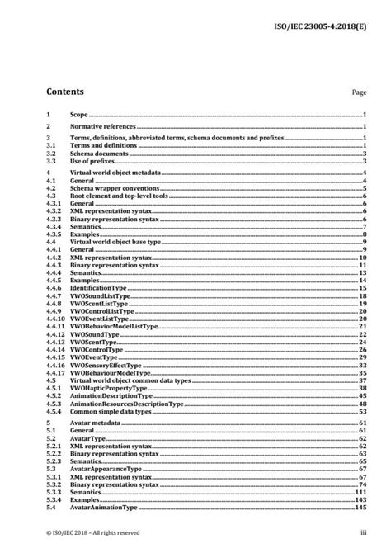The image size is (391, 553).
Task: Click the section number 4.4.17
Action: pyautogui.click(x=55, y=372)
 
